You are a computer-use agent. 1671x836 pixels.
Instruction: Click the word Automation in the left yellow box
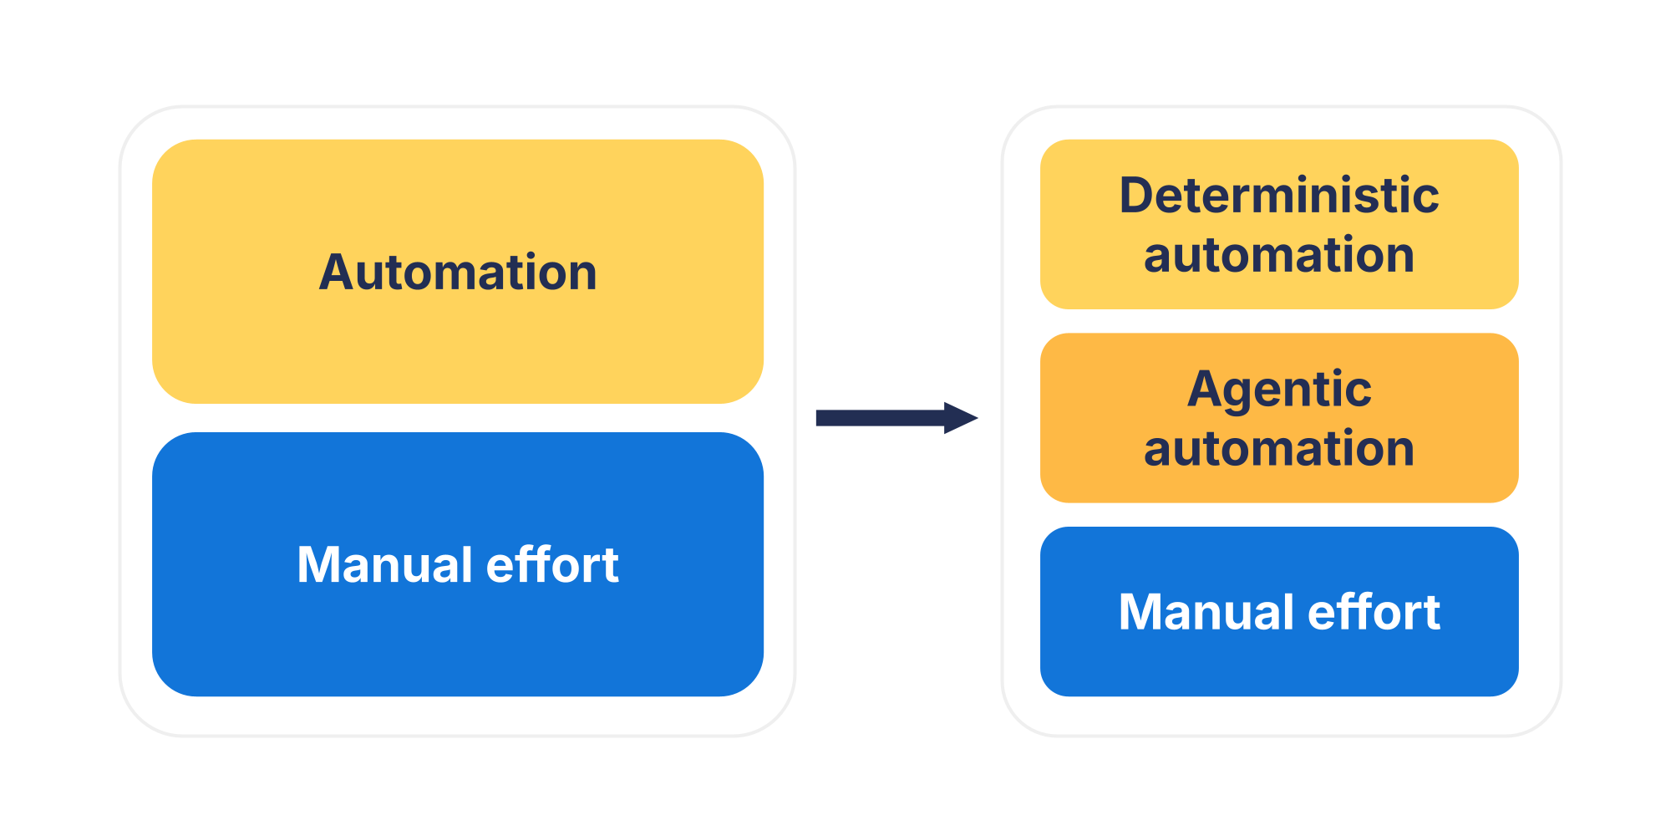(x=458, y=273)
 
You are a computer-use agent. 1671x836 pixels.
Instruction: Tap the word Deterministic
(x=1278, y=196)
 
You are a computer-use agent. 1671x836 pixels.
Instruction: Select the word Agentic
(x=1278, y=390)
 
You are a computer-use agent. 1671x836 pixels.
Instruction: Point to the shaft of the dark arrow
(x=877, y=417)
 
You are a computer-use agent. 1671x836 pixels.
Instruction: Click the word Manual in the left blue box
(x=384, y=564)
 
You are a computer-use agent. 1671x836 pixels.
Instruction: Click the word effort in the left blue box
(x=552, y=564)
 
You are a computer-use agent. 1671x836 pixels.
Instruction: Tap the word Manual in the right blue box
(x=1206, y=612)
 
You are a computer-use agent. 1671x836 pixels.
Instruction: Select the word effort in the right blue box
(x=1374, y=612)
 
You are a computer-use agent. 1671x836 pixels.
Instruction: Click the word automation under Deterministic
(x=1278, y=255)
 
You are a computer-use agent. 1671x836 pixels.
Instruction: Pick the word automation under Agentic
(x=1278, y=449)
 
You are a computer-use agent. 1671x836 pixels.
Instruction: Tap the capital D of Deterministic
(x=1138, y=196)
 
